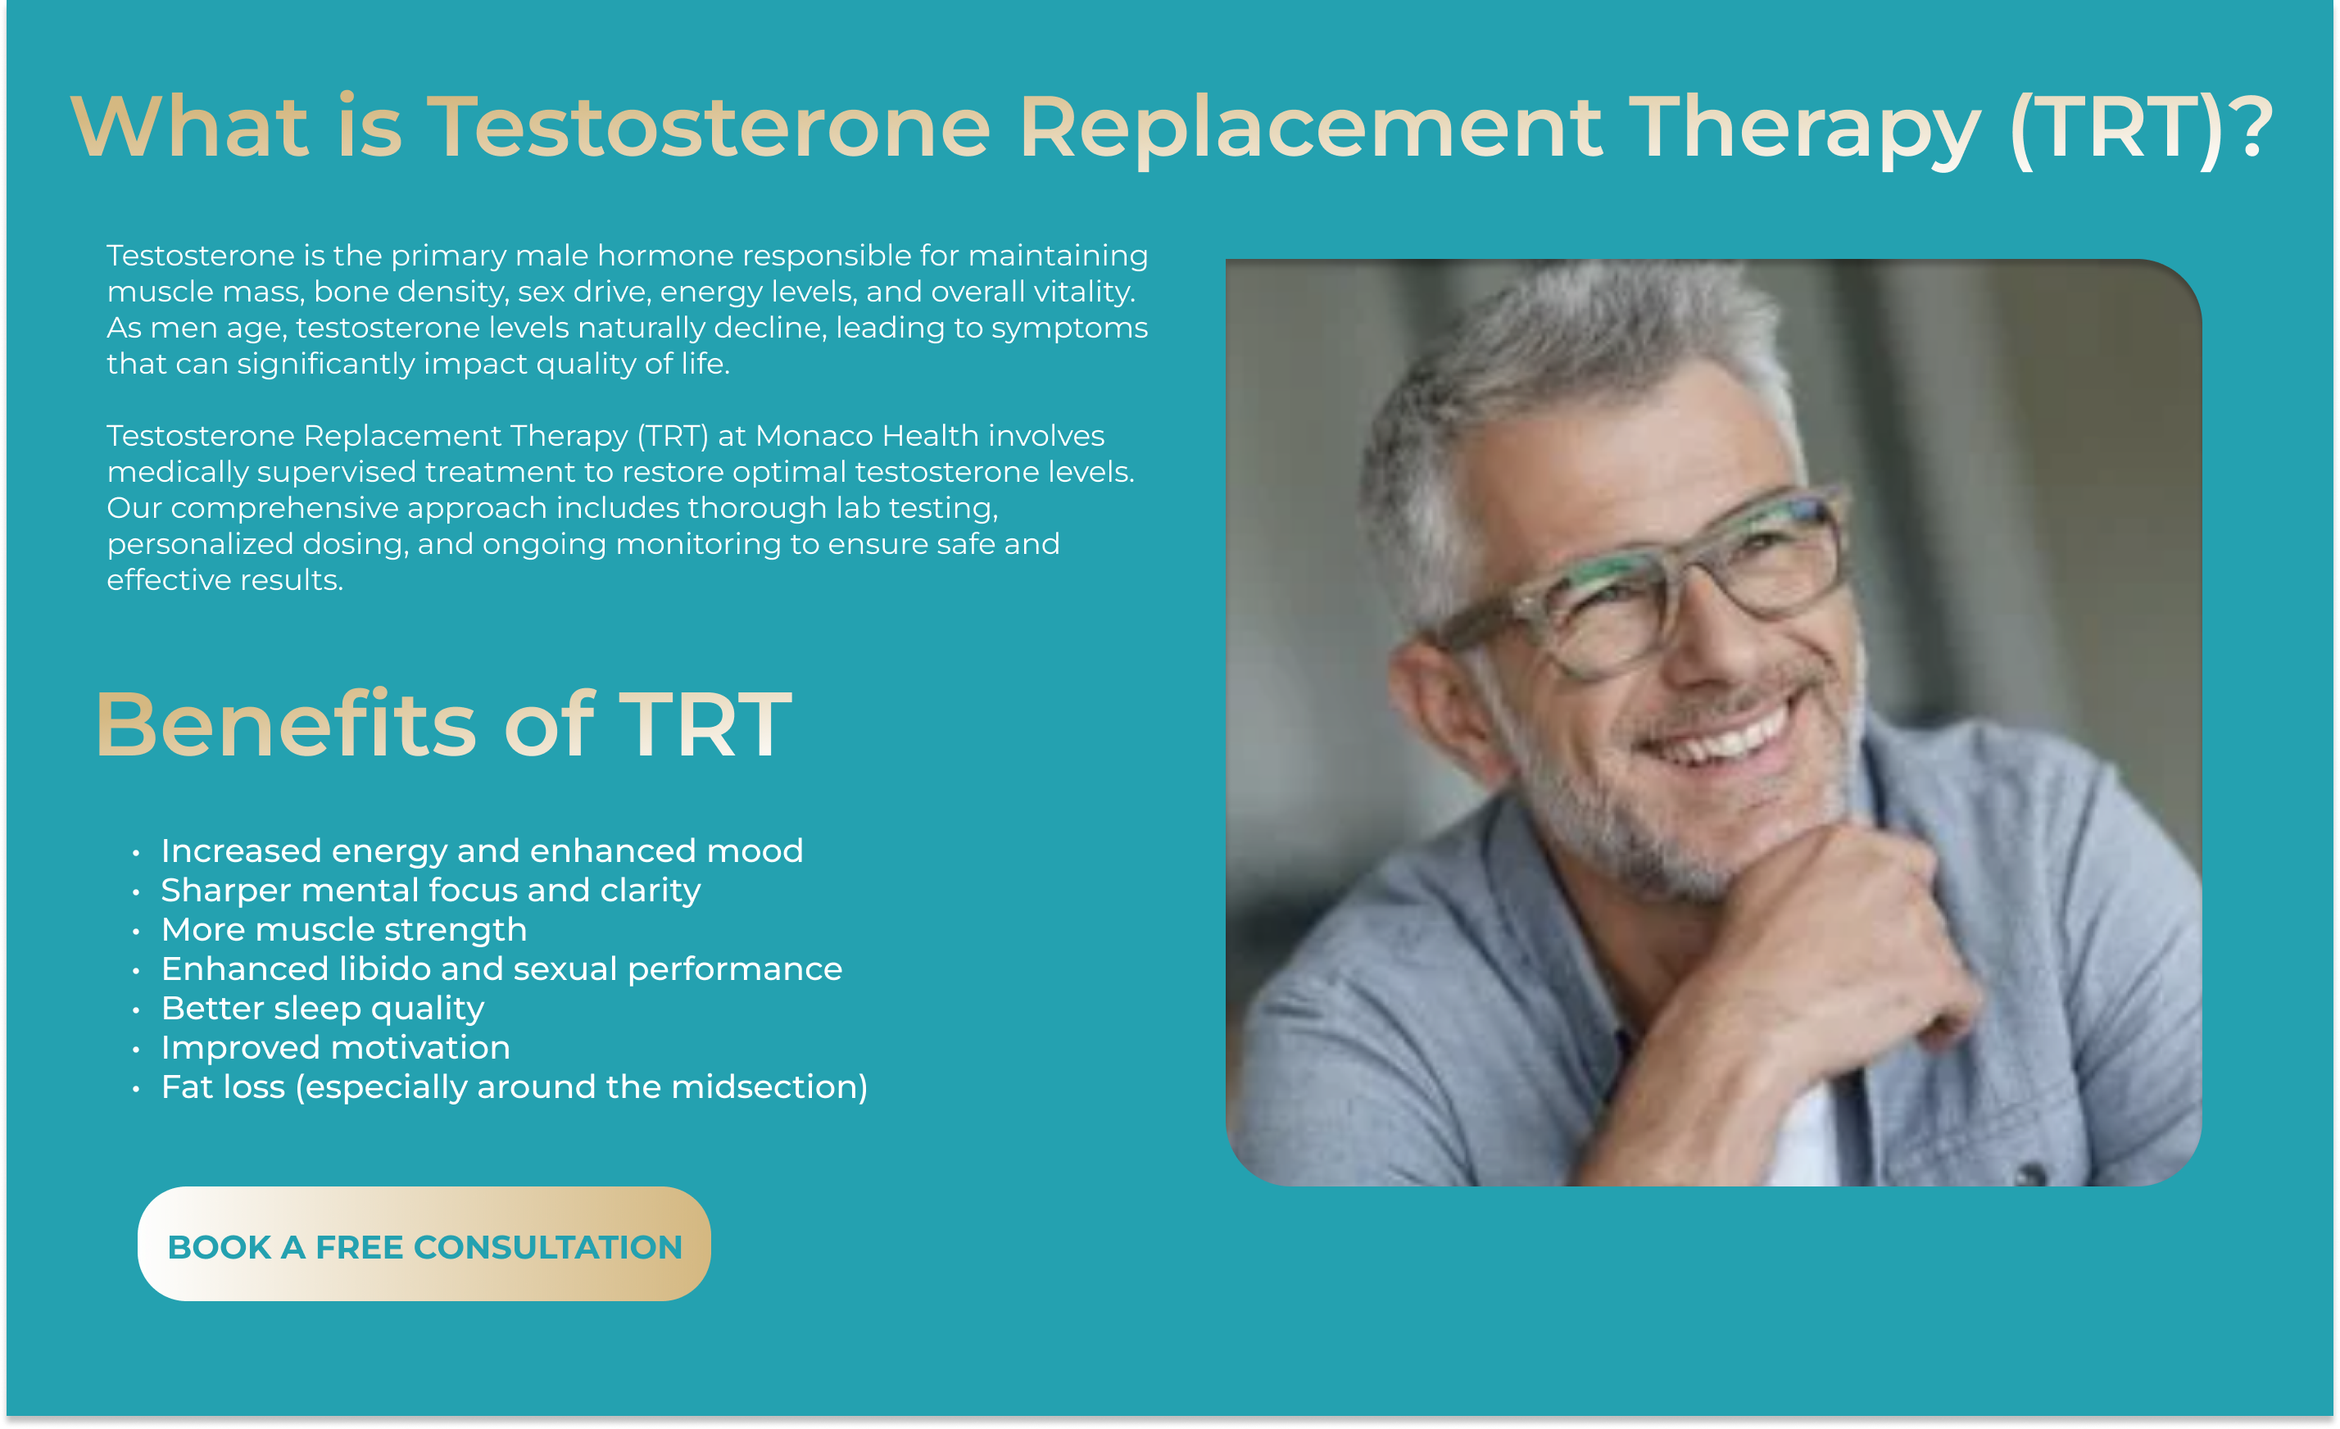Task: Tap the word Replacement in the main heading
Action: click(x=1311, y=128)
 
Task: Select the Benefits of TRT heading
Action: click(x=442, y=724)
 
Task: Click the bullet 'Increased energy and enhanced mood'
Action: click(x=482, y=851)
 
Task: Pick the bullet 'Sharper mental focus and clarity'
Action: click(x=430, y=891)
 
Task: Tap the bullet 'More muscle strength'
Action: click(x=344, y=929)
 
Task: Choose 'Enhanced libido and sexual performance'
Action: click(x=501, y=969)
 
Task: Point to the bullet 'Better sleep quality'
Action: click(x=323, y=1009)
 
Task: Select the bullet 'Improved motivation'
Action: click(x=335, y=1048)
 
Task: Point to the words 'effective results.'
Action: click(x=225, y=580)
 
